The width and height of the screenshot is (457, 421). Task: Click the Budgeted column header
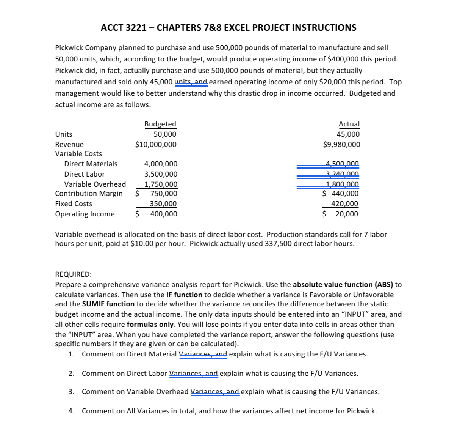(160, 124)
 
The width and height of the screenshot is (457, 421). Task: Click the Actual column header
(349, 124)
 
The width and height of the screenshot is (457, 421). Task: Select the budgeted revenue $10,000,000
(156, 145)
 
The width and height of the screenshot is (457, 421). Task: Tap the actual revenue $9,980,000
(341, 145)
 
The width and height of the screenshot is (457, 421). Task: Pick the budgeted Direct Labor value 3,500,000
(161, 174)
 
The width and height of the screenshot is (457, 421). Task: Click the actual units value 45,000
(348, 134)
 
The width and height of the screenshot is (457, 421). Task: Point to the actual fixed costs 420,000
(344, 204)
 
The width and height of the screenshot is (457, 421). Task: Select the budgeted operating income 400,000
(163, 214)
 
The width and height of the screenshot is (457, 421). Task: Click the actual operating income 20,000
(346, 214)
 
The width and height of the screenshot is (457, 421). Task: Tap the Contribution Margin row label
(89, 194)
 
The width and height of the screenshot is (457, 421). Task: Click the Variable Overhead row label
(95, 184)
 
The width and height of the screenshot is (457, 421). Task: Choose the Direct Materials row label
(91, 164)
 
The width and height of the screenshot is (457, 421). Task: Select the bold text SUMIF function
(108, 304)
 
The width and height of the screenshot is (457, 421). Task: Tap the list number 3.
(71, 392)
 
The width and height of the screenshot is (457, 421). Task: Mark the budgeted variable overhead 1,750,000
(161, 184)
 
